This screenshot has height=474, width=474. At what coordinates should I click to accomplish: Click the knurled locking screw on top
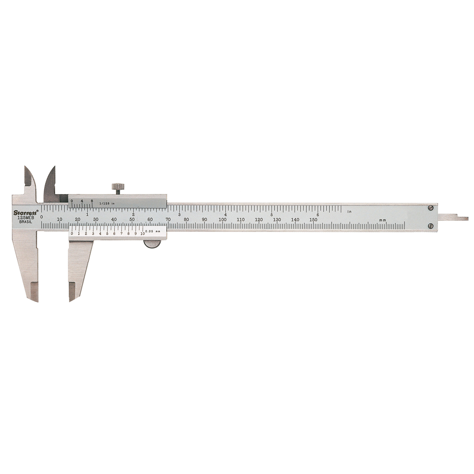click(117, 187)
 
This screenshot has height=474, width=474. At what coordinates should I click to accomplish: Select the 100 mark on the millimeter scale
click(223, 220)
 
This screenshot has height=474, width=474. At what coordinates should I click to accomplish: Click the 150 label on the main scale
click(313, 220)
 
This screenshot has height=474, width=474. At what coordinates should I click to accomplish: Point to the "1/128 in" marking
click(107, 203)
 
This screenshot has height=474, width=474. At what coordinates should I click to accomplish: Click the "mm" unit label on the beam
click(382, 220)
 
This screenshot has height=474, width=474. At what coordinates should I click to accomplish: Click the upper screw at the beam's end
click(431, 207)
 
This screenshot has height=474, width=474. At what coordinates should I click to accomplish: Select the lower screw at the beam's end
click(431, 226)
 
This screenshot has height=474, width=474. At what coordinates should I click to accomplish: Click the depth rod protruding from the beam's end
click(454, 218)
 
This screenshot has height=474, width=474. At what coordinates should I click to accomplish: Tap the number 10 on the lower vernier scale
click(142, 233)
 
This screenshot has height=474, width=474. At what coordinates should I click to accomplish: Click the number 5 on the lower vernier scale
click(107, 233)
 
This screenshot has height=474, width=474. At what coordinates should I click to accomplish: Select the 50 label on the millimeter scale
click(132, 220)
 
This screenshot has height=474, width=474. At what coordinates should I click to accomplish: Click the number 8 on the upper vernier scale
click(92, 201)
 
